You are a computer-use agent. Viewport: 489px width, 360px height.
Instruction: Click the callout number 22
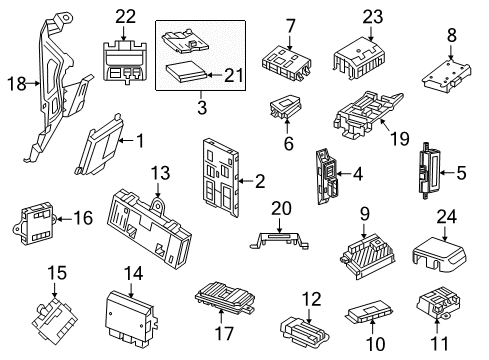(126, 17)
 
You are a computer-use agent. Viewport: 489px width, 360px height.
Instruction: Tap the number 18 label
(17, 84)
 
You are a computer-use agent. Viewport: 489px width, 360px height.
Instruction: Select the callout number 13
(160, 173)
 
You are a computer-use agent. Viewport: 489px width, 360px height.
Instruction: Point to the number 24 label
(447, 217)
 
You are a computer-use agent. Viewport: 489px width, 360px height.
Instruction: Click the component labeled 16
(34, 223)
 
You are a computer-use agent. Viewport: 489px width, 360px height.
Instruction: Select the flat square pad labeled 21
(187, 71)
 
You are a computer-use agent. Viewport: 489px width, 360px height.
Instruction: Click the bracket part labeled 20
(279, 240)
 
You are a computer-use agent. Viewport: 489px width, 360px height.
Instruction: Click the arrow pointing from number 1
(126, 141)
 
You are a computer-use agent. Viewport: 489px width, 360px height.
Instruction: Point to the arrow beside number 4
(344, 174)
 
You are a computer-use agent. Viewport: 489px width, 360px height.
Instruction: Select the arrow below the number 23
(372, 33)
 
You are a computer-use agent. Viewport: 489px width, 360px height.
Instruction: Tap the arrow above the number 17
(221, 316)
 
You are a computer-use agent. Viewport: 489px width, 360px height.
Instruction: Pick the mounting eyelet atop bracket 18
(66, 17)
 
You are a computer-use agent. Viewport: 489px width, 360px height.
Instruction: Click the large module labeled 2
(220, 178)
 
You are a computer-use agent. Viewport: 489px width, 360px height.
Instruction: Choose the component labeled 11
(438, 302)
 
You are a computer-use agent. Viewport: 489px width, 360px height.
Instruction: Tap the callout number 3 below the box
(202, 107)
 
